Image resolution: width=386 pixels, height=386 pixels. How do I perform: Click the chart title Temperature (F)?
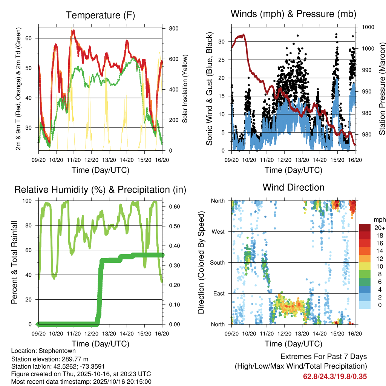[100, 15]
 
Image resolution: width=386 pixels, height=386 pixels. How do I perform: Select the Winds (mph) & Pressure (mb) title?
[293, 14]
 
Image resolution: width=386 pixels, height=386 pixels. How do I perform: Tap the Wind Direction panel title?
[293, 187]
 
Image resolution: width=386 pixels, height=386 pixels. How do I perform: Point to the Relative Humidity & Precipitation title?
[100, 189]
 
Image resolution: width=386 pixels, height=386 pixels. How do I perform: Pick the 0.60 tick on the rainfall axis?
[172, 207]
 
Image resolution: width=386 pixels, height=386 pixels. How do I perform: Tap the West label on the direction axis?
[218, 232]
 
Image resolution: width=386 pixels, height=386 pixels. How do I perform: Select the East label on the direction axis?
[219, 294]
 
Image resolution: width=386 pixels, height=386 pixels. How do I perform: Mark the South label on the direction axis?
[217, 263]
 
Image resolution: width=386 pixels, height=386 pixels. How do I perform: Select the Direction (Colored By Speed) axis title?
[201, 262]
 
